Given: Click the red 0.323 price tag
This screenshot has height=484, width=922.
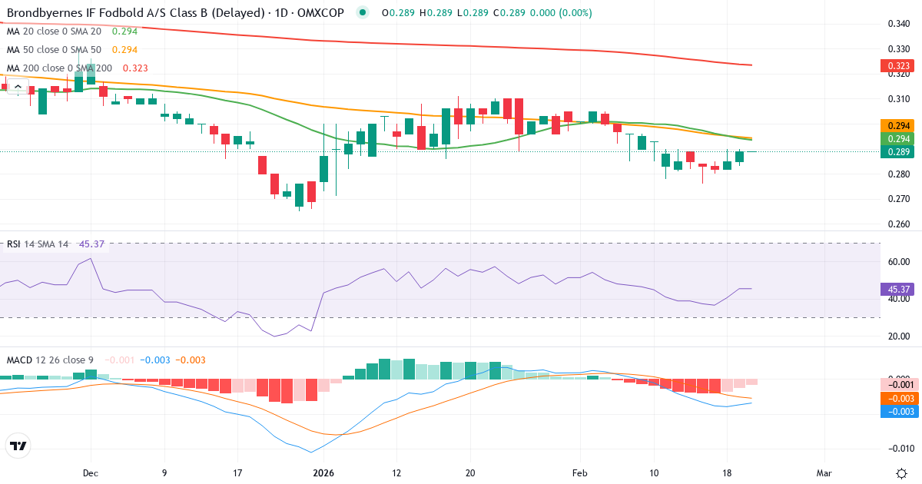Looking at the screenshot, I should (x=895, y=67).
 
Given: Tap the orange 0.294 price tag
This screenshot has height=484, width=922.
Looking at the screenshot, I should (x=895, y=125).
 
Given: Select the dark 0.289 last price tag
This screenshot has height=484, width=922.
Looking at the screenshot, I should (x=895, y=152).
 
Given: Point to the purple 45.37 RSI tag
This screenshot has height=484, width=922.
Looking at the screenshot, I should (x=895, y=290).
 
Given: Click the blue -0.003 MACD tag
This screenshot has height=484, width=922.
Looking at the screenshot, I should (x=895, y=412).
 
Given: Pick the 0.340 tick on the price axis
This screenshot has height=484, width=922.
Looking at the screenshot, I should (x=898, y=24).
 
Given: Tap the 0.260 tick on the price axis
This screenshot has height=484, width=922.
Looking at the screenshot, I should (x=898, y=225).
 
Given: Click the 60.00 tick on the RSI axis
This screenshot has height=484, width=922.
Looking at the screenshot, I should (x=898, y=262).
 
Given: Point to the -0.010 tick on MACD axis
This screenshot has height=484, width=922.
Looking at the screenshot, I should (x=898, y=448).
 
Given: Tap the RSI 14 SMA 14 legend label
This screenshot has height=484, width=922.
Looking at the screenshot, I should (x=38, y=244).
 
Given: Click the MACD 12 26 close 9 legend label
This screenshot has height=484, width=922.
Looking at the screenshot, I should (x=51, y=360).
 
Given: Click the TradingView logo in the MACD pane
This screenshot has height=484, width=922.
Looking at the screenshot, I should (x=18, y=446).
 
